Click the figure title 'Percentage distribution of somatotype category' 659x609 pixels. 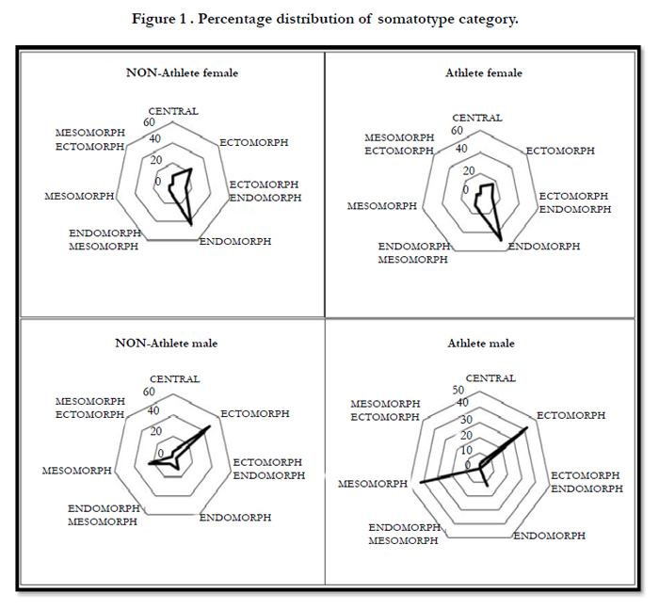357,20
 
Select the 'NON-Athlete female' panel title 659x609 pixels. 182,72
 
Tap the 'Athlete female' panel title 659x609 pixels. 484,72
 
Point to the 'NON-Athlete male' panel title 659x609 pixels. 167,344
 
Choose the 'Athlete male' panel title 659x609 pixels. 481,344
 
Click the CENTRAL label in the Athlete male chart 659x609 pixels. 490,378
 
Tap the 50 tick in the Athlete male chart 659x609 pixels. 458,390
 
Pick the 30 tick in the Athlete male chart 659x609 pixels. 466,420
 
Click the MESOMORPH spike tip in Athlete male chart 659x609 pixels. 421,482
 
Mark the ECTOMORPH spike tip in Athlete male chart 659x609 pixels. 527,428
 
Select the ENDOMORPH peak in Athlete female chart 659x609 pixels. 501,241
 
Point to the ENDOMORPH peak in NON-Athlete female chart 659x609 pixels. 191,225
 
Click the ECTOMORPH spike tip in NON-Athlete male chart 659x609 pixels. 210,426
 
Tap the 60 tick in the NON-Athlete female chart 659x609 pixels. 149,122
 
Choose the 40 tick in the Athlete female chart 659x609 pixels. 461,149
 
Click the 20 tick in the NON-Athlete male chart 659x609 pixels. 156,431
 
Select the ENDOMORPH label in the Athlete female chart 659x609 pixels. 544,247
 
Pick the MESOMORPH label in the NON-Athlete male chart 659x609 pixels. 77,471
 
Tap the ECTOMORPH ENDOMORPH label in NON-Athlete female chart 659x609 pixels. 265,191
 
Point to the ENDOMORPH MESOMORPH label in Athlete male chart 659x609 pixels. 404,534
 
